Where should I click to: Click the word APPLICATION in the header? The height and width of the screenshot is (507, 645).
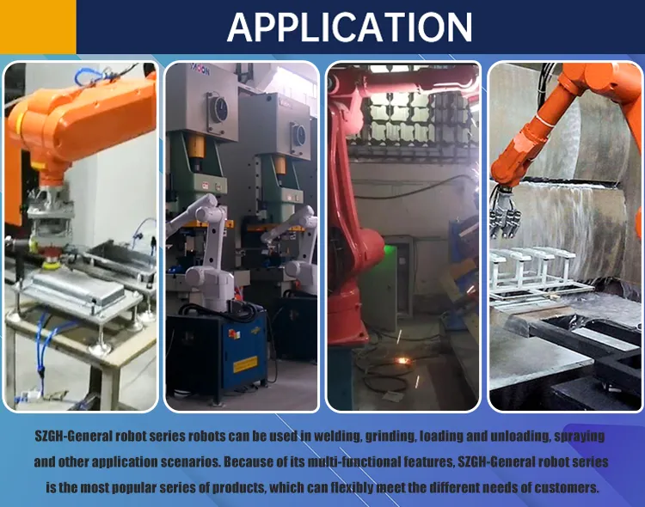click(349, 27)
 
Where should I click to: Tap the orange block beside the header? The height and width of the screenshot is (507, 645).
click(38, 27)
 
